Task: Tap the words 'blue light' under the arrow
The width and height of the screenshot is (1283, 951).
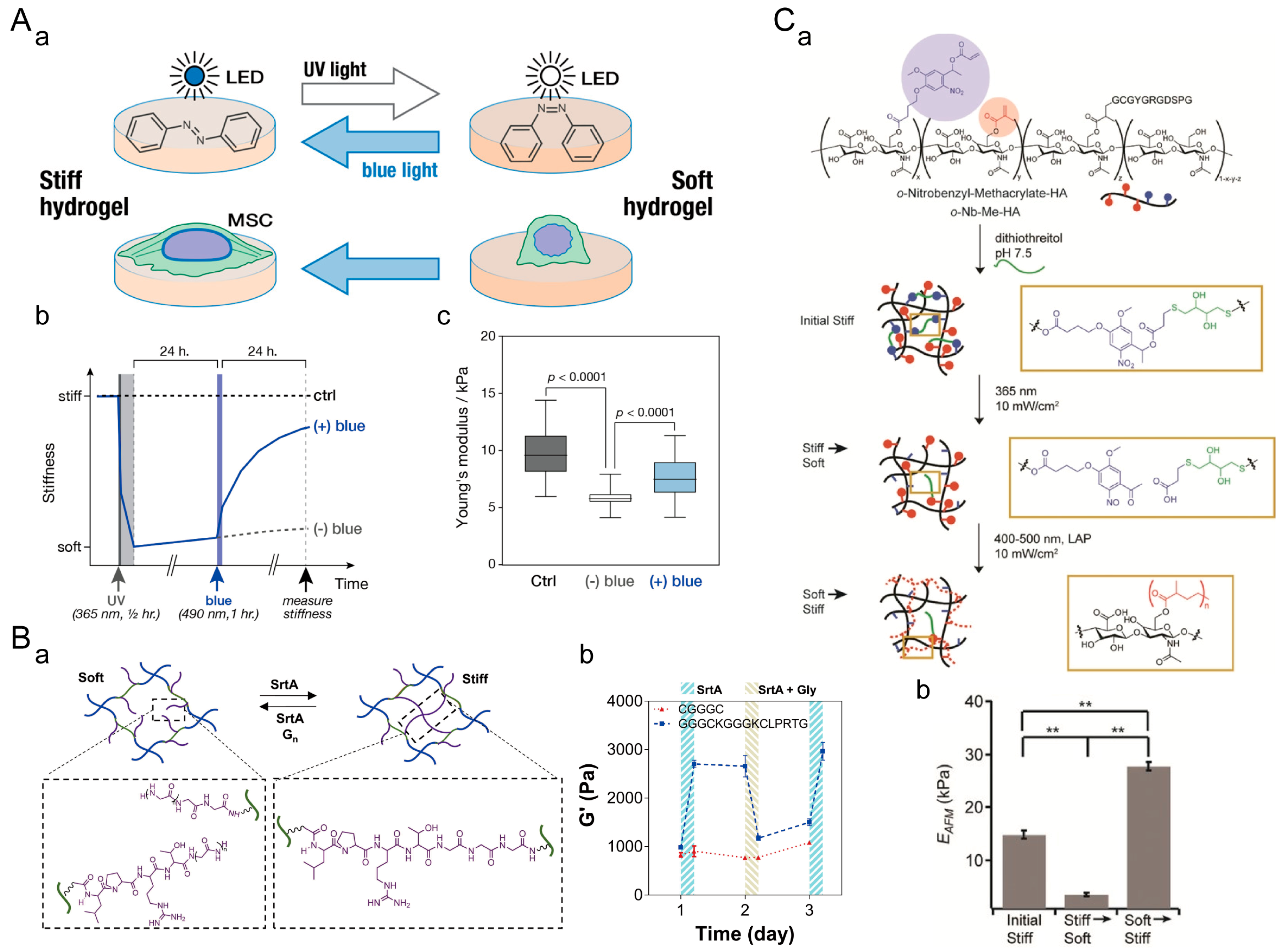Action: pyautogui.click(x=399, y=170)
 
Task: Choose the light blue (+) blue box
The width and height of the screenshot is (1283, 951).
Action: pyautogui.click(x=674, y=477)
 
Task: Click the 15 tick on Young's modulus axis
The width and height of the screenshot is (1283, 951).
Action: pyautogui.click(x=488, y=393)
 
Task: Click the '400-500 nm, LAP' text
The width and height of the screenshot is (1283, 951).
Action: pyautogui.click(x=1042, y=539)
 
